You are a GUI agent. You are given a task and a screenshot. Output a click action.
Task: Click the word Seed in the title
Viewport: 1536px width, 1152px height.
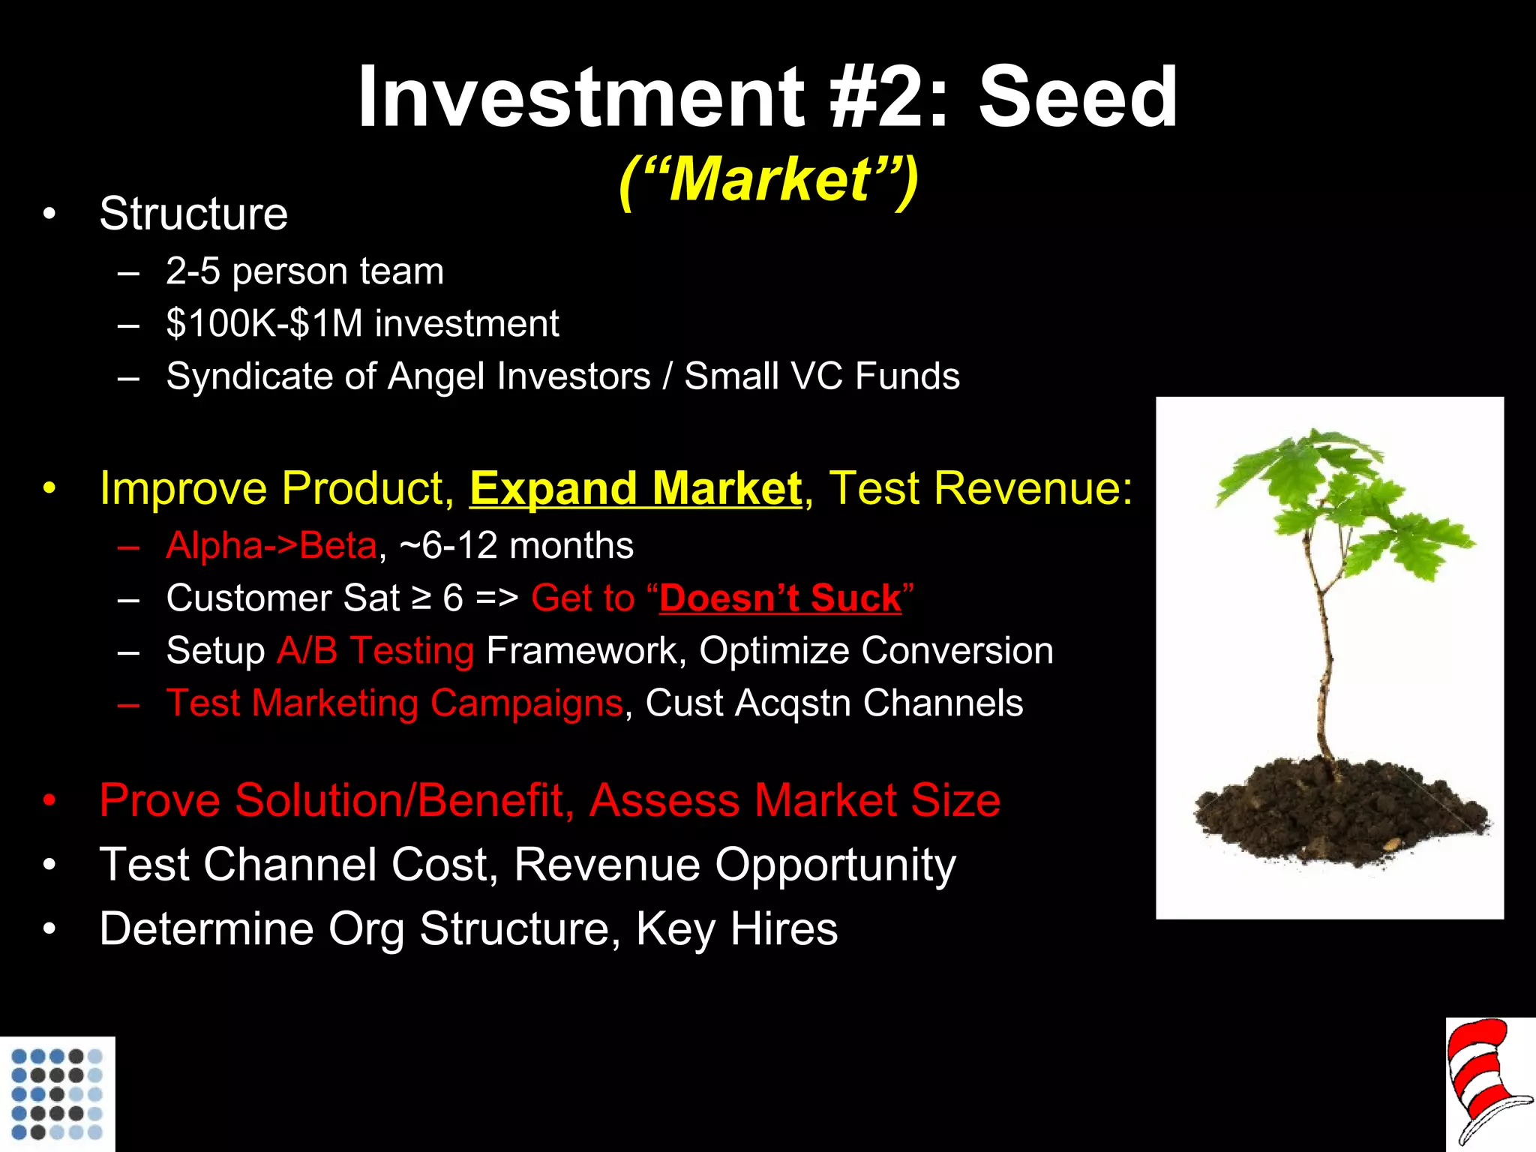coord(1078,97)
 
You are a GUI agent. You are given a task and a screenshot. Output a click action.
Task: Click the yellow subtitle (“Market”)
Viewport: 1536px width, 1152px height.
coord(769,180)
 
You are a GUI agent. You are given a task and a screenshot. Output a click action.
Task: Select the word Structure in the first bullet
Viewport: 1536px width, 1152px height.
coord(193,214)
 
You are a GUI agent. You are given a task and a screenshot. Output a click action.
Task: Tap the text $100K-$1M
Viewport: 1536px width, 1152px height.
coord(264,324)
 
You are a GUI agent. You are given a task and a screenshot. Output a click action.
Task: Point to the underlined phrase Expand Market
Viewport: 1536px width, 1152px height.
coord(635,489)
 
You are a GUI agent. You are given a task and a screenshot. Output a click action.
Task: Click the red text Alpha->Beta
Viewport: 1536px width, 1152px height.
coord(271,545)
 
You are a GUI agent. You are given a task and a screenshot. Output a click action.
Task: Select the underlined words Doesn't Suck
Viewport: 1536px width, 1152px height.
coord(780,598)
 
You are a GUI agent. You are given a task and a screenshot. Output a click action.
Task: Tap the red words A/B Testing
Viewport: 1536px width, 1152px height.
coord(375,650)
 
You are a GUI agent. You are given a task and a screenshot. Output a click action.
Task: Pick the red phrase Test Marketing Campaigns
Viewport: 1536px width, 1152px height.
coord(394,703)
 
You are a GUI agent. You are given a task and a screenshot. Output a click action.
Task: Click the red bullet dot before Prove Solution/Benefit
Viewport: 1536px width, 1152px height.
coord(49,801)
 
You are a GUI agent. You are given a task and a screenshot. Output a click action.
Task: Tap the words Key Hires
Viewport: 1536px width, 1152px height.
coord(736,929)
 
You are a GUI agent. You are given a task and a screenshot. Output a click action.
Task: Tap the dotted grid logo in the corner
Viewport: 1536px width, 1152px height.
coord(57,1093)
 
